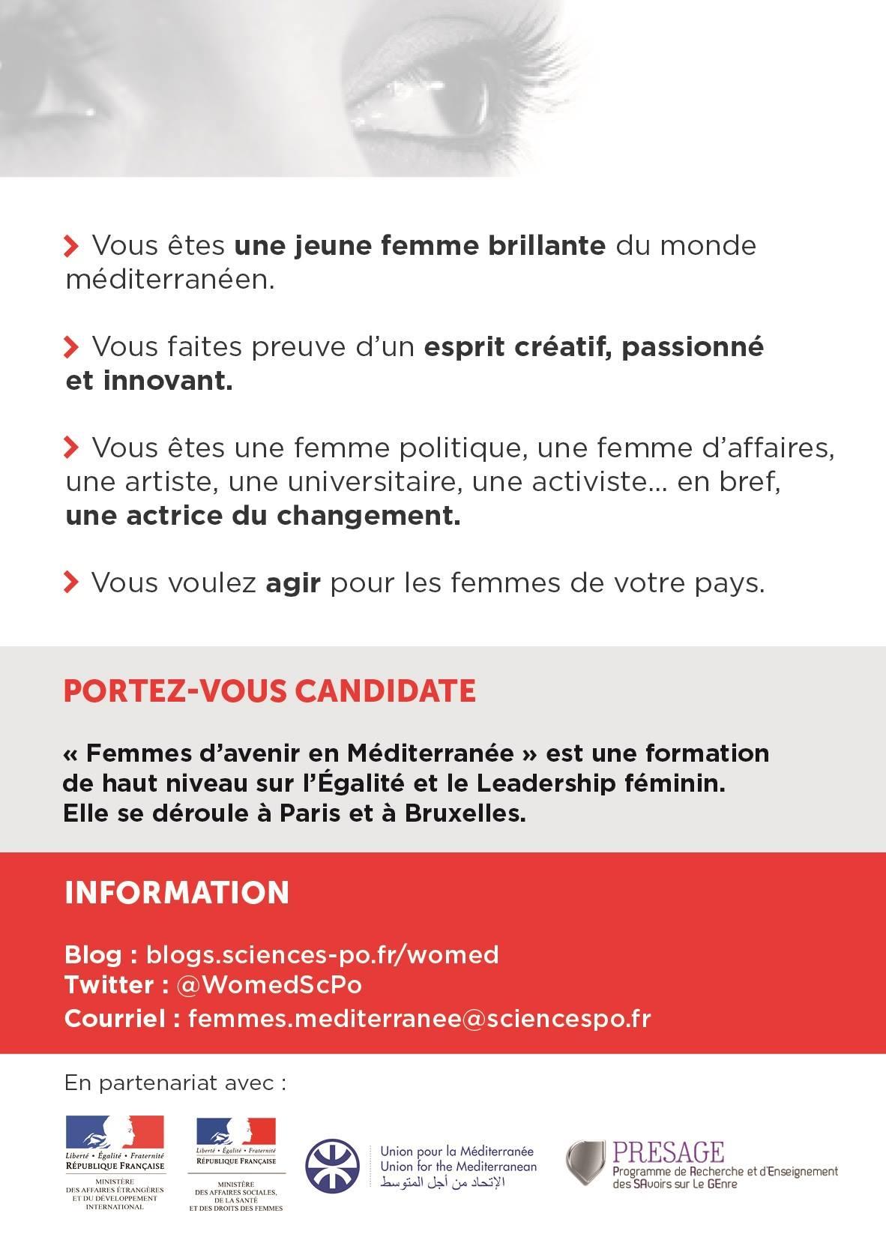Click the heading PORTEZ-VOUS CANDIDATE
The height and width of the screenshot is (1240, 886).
pos(269,690)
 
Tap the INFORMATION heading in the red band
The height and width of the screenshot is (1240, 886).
pos(177,893)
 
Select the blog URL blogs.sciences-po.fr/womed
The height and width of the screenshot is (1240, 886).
pos(322,954)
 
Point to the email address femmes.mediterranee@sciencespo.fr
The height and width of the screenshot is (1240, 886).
pos(419,1018)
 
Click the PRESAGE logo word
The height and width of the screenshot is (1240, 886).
pos(669,1152)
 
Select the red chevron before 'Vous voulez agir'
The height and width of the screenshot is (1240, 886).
pos(71,582)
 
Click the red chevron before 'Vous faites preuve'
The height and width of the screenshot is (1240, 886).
pos(71,346)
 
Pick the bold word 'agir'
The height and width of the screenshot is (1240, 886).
pos(293,583)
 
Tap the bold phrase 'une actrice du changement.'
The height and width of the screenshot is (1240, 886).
pos(262,516)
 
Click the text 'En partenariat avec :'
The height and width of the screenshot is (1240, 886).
pos(175,1083)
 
